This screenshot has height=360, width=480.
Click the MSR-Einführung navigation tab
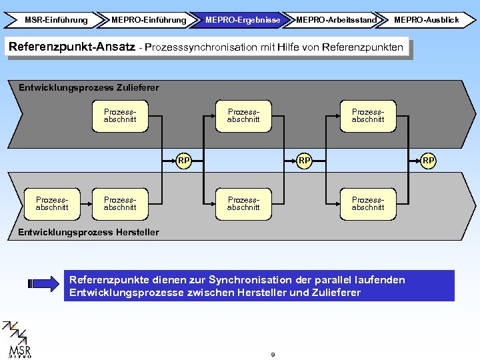tap(55, 20)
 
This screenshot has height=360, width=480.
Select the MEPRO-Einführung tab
tap(149, 20)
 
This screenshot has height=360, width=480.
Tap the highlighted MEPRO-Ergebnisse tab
tap(242, 20)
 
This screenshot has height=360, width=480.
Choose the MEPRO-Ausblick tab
tap(426, 20)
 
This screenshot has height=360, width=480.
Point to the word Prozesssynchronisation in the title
tap(199, 47)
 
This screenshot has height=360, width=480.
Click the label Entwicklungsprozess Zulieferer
tap(89, 87)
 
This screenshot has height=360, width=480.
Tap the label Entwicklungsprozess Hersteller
tap(89, 232)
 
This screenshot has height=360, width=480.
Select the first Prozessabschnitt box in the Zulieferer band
tap(120, 115)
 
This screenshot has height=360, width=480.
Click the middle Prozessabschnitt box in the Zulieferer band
tap(243, 115)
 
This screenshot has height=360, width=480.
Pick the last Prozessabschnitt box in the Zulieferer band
tap(368, 115)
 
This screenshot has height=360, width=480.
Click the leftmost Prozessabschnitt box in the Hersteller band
tap(52, 203)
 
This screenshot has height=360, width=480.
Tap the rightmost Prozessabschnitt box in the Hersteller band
tap(368, 203)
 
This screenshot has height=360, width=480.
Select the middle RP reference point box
tap(305, 160)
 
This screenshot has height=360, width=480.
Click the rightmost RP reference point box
tap(429, 160)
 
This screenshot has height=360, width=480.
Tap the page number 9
tap(273, 354)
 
